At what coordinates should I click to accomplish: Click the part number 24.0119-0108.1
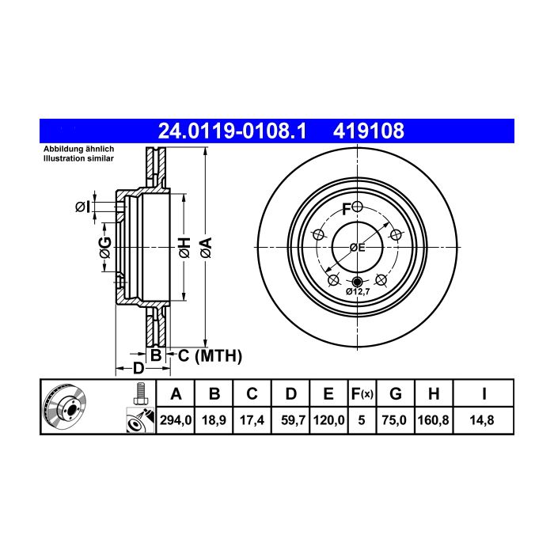pyautogui.click(x=232, y=131)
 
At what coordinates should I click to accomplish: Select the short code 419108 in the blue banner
pyautogui.click(x=369, y=131)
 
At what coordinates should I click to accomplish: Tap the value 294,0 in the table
pyautogui.click(x=176, y=420)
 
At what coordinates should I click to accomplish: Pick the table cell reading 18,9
pyautogui.click(x=214, y=420)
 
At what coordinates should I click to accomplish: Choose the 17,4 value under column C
pyautogui.click(x=252, y=420)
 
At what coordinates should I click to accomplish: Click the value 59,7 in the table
pyautogui.click(x=294, y=420)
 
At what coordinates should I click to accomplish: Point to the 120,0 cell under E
pyautogui.click(x=328, y=420)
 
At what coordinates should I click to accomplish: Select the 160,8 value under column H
pyautogui.click(x=433, y=420)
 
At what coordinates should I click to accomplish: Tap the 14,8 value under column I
pyautogui.click(x=482, y=420)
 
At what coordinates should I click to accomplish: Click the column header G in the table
pyautogui.click(x=396, y=393)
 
